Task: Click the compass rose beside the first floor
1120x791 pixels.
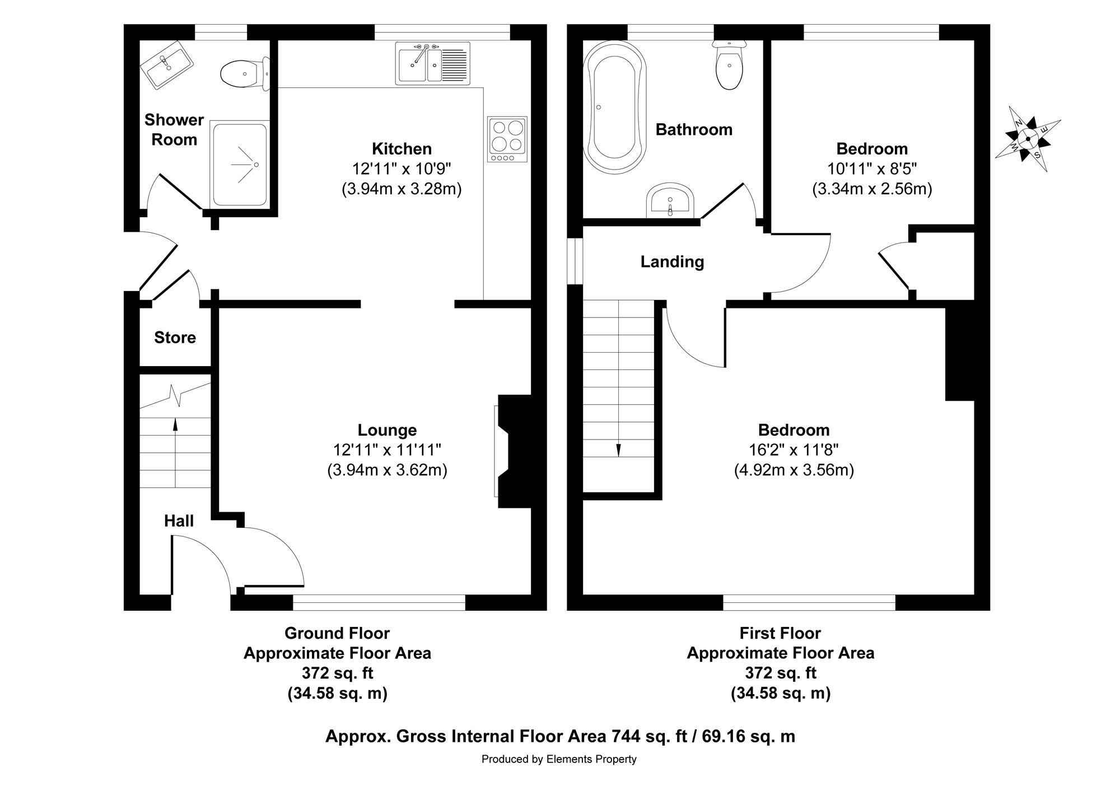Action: (x=1028, y=139)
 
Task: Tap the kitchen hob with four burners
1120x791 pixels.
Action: (x=507, y=139)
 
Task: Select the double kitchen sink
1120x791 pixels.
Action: (x=432, y=63)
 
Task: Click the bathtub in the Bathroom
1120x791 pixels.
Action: (x=615, y=107)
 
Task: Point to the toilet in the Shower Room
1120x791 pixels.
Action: (x=245, y=73)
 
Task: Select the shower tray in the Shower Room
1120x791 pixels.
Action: (x=239, y=165)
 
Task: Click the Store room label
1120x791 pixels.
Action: (x=175, y=338)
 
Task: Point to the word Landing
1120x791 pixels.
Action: (x=673, y=262)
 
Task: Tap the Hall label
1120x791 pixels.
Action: (x=179, y=521)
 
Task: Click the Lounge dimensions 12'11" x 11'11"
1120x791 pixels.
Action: (x=388, y=450)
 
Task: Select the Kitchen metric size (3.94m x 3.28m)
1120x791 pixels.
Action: (x=402, y=189)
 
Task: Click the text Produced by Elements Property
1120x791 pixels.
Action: (x=559, y=760)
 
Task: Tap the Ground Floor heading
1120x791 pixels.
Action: (x=337, y=633)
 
